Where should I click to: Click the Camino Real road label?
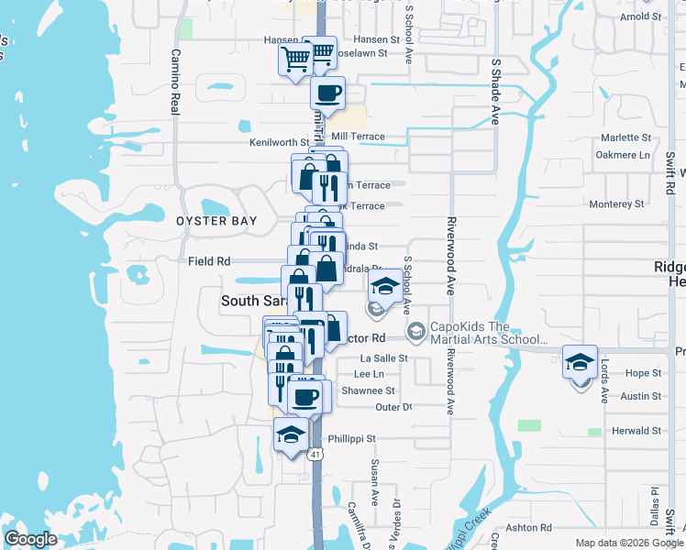pos(174,82)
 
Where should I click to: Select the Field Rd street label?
pos(209,261)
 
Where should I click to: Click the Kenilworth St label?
pos(279,143)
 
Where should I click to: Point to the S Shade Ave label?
pos(495,92)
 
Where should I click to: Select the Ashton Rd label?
pos(533,528)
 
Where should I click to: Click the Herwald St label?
pos(636,431)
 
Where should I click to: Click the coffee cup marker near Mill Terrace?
pos(327,92)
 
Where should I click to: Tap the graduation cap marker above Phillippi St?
pos(292,434)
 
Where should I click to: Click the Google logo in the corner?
pos(30,539)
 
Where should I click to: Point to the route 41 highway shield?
pos(315,454)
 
